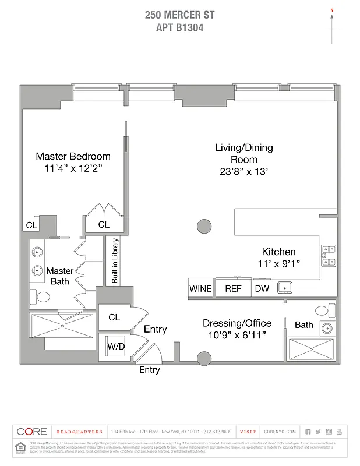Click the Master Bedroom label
tap(73, 156)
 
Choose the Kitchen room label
tap(278, 252)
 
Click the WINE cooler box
tap(200, 288)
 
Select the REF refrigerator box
tap(233, 288)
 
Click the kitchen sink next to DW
tap(285, 287)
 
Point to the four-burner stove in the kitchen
tap(329, 255)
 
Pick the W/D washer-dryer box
tap(115, 346)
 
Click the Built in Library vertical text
tap(115, 260)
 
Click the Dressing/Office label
tap(237, 323)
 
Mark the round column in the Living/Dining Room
tap(204, 225)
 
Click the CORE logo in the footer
tap(32, 432)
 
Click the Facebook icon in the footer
tap(308, 432)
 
